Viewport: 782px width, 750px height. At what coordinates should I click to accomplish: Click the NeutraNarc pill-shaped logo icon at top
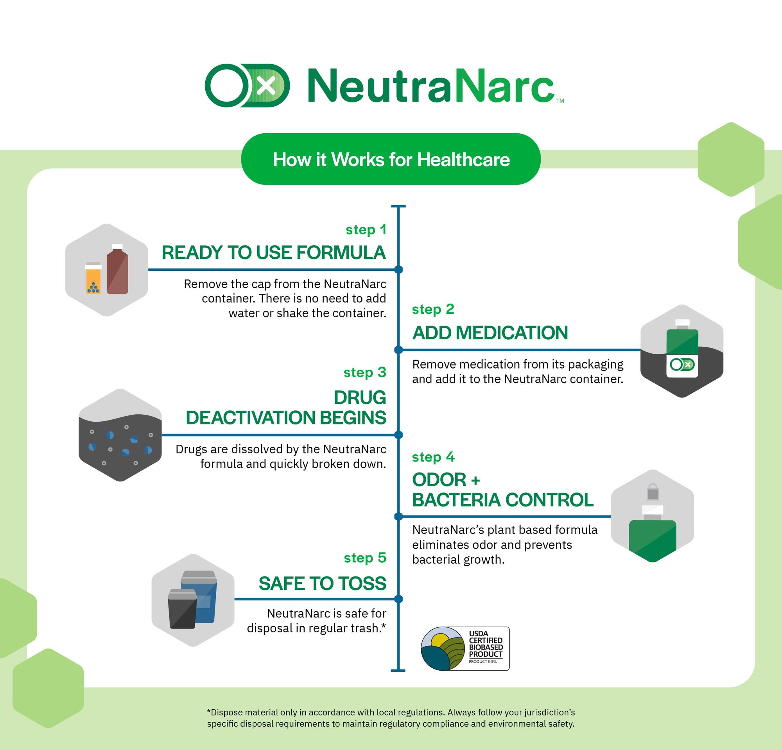point(247,85)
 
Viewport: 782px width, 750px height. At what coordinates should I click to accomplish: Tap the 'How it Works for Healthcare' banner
point(391,159)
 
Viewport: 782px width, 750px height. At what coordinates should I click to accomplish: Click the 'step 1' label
point(366,230)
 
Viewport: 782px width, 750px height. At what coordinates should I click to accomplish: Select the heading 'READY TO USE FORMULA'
point(274,252)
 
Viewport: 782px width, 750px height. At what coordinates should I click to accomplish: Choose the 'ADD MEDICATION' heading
point(490,333)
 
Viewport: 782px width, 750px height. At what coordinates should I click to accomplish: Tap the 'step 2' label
point(433,310)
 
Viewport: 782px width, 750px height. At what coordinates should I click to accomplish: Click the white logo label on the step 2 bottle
point(682,366)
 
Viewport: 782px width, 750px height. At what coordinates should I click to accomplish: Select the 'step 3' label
point(365,373)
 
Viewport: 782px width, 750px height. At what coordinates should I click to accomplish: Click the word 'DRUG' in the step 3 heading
point(360,397)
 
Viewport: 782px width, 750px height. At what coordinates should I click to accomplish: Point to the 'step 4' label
point(433,457)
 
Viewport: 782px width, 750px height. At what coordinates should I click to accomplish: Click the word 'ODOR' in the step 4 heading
point(439,480)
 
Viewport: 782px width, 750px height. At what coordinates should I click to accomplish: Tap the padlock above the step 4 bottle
point(653,492)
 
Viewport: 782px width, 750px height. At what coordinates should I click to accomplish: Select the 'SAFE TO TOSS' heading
point(322,584)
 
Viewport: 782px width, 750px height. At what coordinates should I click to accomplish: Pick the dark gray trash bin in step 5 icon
point(182,609)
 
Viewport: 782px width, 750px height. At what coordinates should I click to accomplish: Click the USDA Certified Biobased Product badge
point(465,649)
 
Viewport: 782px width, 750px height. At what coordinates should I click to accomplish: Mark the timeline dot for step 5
point(398,599)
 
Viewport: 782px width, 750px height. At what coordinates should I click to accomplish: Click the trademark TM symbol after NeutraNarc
point(560,101)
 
